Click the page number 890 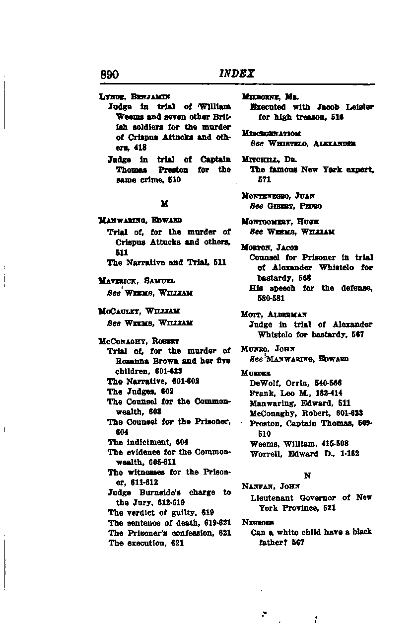(x=109, y=75)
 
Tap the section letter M (x=164, y=204)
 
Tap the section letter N (x=307, y=476)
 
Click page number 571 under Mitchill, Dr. (x=256, y=179)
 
